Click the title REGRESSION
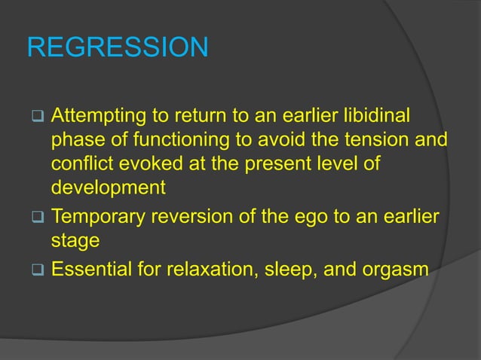tap(118, 47)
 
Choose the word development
tap(107, 188)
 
